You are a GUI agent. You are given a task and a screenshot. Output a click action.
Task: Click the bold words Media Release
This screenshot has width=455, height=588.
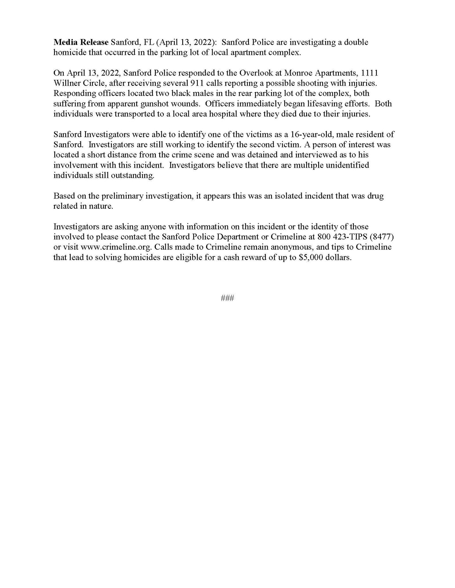81,42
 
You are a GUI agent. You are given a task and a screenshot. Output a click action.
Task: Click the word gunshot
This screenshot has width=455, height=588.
155,104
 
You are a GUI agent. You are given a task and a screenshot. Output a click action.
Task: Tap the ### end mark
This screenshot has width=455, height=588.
227,298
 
